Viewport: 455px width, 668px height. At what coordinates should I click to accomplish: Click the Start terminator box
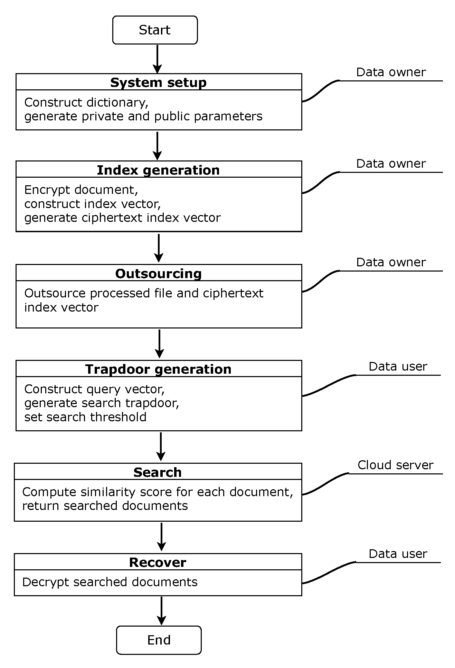tap(155, 30)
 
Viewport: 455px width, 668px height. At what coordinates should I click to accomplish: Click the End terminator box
tap(159, 640)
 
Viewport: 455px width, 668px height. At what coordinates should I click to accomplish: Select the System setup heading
tap(158, 82)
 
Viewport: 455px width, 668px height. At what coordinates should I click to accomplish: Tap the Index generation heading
tap(158, 170)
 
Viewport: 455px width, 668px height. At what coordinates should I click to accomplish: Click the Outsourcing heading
tap(158, 273)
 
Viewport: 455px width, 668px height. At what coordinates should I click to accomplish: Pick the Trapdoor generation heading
tap(158, 369)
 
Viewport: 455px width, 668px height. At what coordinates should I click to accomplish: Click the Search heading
tap(158, 472)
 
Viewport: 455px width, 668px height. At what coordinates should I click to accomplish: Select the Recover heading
tap(158, 562)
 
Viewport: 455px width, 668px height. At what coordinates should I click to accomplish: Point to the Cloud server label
tap(395, 465)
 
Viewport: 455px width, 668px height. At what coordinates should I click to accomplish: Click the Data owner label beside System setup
tap(391, 72)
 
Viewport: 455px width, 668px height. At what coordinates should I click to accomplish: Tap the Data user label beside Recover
tap(398, 554)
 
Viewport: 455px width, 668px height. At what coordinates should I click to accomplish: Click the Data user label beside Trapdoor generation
tap(398, 366)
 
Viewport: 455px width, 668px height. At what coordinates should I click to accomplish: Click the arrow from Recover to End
tap(161, 610)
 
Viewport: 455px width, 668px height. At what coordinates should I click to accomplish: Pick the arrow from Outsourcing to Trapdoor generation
tap(159, 344)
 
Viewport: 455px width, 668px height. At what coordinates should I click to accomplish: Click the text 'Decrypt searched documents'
tap(110, 582)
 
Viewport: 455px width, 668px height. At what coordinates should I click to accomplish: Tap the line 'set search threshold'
tap(85, 417)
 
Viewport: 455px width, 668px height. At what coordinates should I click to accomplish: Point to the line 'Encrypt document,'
tap(81, 190)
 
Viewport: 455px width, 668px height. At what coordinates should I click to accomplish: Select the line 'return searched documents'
tap(105, 505)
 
